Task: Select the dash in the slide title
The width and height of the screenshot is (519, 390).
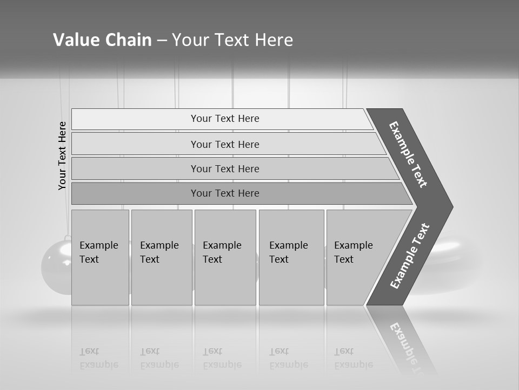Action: click(162, 41)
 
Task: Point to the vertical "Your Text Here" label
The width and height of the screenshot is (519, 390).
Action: click(62, 155)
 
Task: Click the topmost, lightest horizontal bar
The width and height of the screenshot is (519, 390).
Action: click(224, 119)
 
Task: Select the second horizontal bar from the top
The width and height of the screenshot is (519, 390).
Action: click(224, 144)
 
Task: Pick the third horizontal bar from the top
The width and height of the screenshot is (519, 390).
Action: click(224, 168)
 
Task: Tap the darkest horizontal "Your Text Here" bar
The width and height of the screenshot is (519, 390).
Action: click(224, 193)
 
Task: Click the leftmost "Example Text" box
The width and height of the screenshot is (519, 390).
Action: click(100, 257)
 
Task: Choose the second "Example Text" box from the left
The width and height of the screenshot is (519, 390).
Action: click(161, 257)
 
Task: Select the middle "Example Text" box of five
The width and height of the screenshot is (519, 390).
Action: click(225, 257)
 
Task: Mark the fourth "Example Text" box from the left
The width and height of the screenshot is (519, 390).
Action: click(291, 257)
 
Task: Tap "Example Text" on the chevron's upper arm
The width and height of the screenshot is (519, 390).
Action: click(409, 154)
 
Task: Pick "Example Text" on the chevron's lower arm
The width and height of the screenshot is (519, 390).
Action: click(410, 256)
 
